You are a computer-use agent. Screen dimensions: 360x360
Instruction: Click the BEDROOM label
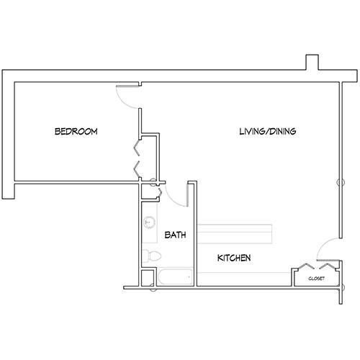tap(76, 132)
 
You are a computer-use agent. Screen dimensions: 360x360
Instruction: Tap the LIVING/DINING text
tap(268, 132)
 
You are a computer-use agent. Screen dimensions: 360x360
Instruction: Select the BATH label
tap(175, 235)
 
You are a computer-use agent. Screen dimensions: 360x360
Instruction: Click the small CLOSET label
tap(316, 278)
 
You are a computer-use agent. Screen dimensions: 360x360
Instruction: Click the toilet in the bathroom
tap(149, 255)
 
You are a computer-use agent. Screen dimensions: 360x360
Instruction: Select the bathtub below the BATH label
tap(175, 276)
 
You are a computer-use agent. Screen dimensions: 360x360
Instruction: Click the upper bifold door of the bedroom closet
tap(135, 148)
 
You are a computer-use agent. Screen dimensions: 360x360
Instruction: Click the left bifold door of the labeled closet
tap(302, 268)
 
